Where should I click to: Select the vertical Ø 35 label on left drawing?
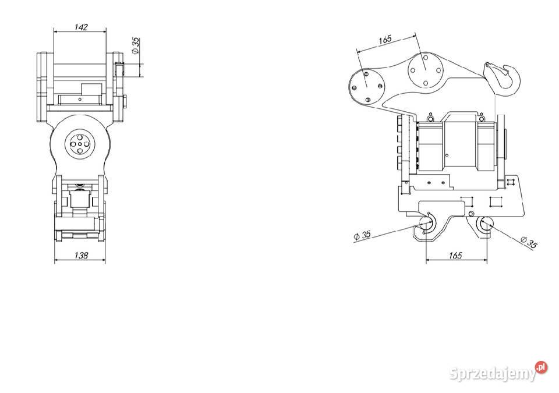[x=136, y=46]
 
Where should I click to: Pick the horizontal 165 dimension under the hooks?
[x=455, y=255]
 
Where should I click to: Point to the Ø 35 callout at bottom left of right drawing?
[x=362, y=235]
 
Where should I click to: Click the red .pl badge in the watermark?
[x=542, y=367]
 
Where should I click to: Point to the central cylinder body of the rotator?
[x=460, y=143]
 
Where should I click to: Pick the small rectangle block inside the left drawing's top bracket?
[x=91, y=88]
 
